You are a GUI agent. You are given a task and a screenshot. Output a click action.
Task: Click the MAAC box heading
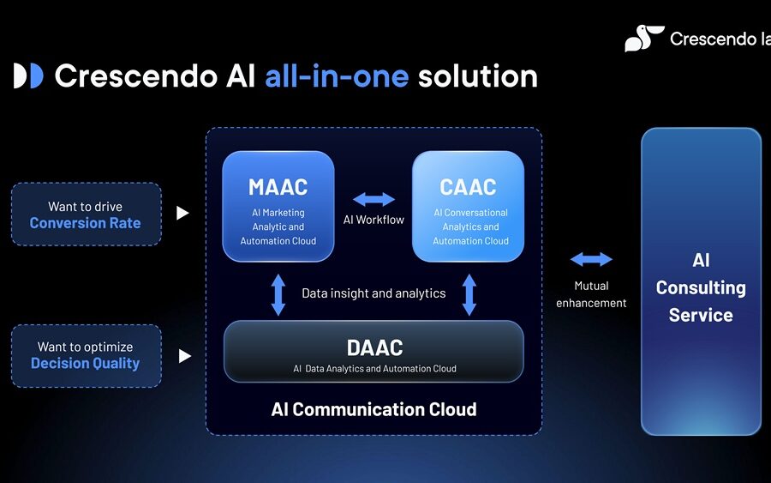click(278, 186)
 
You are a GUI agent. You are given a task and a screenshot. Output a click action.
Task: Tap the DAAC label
click(374, 347)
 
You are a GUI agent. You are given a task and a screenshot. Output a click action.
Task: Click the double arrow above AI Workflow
click(374, 199)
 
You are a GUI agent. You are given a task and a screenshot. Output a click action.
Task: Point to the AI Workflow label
click(374, 220)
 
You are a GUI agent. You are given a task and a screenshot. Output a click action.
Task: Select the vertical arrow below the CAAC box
click(469, 294)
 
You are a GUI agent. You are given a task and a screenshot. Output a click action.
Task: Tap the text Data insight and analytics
click(374, 293)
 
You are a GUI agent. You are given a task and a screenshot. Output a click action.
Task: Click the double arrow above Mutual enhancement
click(591, 259)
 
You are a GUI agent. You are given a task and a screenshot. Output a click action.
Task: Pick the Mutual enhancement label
click(591, 294)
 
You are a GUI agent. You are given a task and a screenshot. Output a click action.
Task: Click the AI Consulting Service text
click(701, 287)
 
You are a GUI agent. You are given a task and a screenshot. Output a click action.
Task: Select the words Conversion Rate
click(85, 223)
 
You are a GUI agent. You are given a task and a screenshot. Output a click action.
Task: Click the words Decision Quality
click(85, 363)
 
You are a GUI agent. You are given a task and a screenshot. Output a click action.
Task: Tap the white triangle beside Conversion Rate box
click(182, 213)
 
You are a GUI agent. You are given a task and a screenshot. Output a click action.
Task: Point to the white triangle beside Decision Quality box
click(184, 355)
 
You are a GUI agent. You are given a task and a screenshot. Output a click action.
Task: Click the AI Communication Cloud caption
click(374, 409)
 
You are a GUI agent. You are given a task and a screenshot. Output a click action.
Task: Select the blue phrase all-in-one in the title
click(338, 76)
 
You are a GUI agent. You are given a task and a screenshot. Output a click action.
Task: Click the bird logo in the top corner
click(643, 39)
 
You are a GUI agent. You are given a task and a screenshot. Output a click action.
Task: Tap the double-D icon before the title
click(28, 76)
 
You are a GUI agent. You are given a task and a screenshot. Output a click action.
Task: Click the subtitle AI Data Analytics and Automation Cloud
click(374, 369)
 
